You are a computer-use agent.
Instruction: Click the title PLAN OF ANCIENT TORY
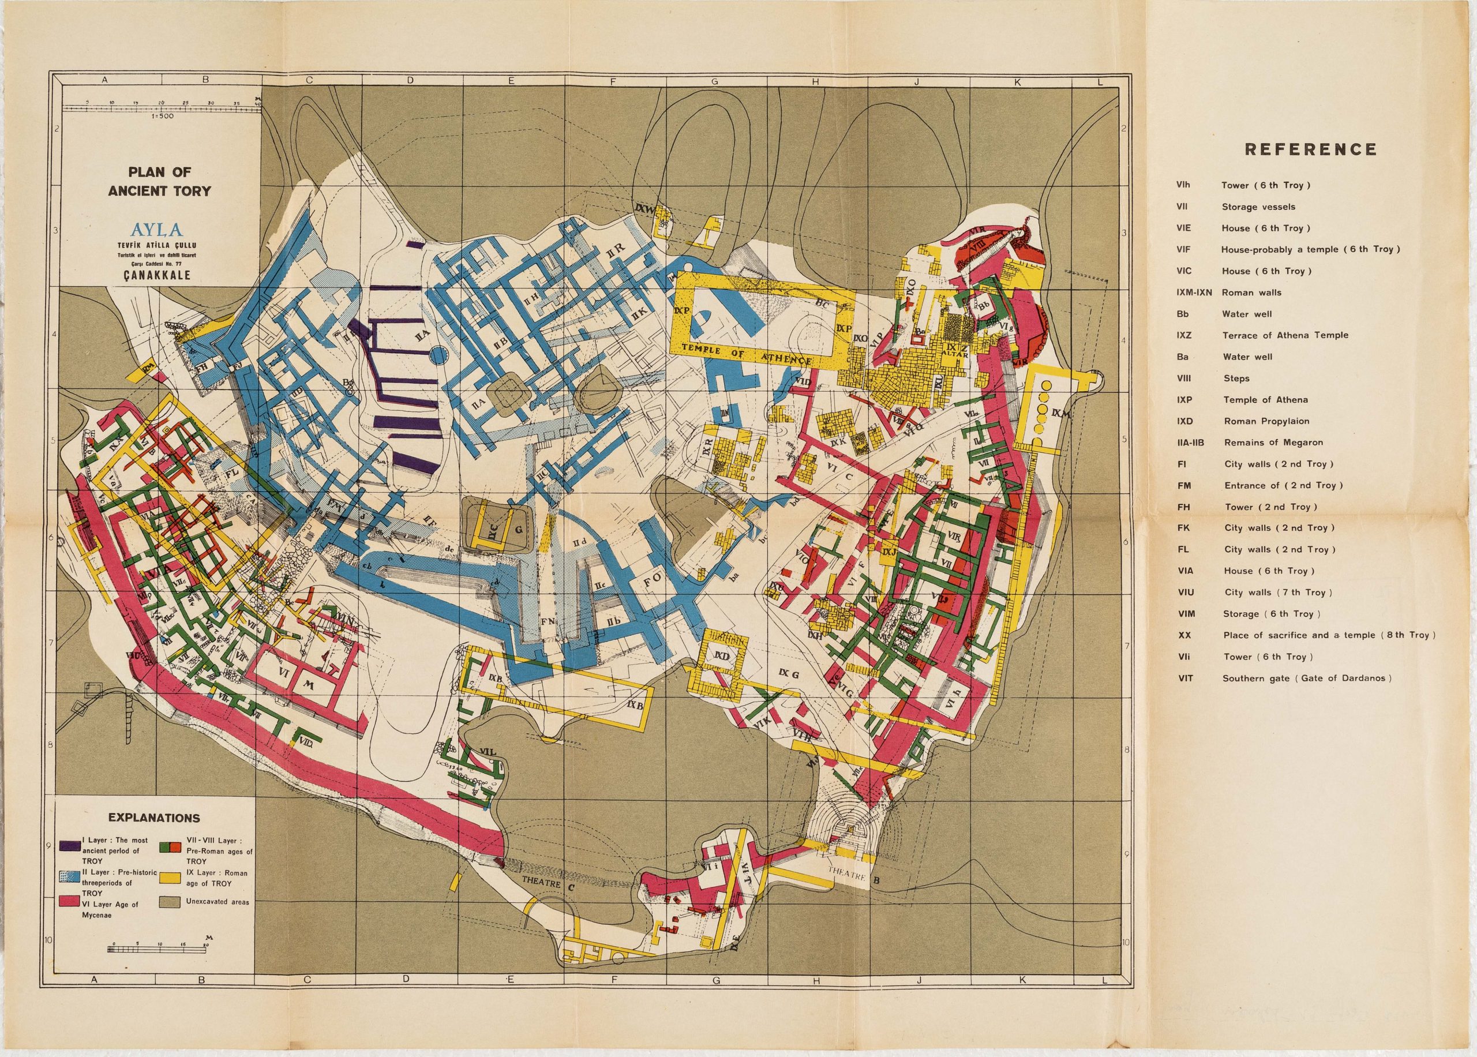(x=159, y=182)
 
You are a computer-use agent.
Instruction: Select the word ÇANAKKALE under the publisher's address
(x=159, y=275)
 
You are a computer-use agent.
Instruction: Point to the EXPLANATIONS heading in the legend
(x=154, y=818)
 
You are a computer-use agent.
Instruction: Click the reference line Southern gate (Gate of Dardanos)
(x=1307, y=678)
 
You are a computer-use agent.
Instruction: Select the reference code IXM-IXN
(x=1194, y=293)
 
